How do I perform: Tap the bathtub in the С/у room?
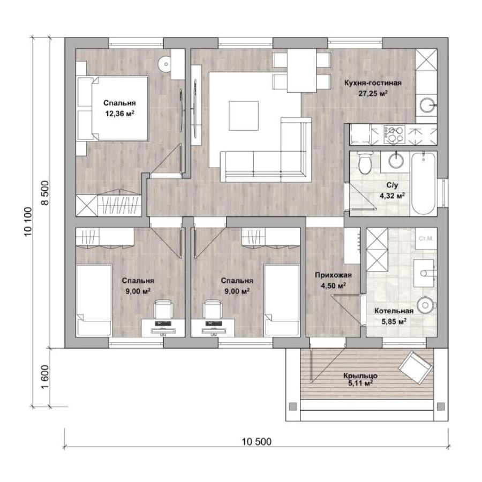click(x=423, y=184)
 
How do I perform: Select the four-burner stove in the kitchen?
click(x=394, y=134)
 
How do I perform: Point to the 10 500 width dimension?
click(x=257, y=442)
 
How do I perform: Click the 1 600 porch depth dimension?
click(x=45, y=377)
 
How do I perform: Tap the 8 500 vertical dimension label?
click(x=45, y=193)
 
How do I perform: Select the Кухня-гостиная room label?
click(x=373, y=83)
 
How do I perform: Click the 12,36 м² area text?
click(x=119, y=114)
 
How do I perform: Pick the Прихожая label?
click(x=333, y=275)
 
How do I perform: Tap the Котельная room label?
click(x=394, y=311)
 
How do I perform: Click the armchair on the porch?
click(x=415, y=367)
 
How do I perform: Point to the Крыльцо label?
click(x=360, y=375)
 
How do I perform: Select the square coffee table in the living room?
click(x=244, y=116)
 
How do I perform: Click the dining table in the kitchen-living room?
click(x=302, y=70)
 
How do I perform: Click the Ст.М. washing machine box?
click(x=426, y=238)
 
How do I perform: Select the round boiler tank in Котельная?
click(x=426, y=305)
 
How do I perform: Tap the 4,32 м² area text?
click(x=392, y=196)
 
